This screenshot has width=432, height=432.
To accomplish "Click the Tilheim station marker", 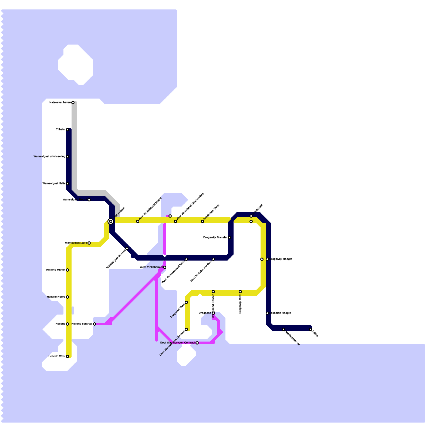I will tap(67, 130).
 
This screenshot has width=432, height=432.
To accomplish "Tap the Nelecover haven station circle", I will tap(73, 103).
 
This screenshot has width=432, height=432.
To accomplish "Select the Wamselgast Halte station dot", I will tap(67, 184).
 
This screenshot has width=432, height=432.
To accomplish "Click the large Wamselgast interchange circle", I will tap(110, 221).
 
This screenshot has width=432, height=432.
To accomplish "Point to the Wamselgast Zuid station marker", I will tap(89, 243).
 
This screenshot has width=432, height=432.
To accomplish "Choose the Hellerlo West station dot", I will tap(67, 356).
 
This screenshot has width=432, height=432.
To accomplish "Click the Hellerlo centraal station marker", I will tap(94, 324).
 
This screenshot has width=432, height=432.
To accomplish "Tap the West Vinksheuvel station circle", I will tap(165, 267).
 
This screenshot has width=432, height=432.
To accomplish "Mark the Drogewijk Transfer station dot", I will tap(230, 238).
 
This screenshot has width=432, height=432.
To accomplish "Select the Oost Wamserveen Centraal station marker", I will tap(197, 343).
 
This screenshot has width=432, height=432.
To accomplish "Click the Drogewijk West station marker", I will tap(240, 292).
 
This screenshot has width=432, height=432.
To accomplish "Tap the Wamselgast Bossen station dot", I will tap(127, 248).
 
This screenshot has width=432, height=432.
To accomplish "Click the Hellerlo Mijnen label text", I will tap(56, 270).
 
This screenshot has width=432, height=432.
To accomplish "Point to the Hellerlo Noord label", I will tap(56, 297).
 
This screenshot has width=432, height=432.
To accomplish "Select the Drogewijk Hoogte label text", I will tap(281, 259).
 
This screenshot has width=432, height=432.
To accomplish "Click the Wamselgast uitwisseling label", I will tap(49, 157).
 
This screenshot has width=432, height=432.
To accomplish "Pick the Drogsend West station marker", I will tap(186, 302).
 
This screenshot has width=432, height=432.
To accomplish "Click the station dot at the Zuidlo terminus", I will tap(310, 329).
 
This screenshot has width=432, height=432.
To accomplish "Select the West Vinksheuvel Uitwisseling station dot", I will tap(175, 221).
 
